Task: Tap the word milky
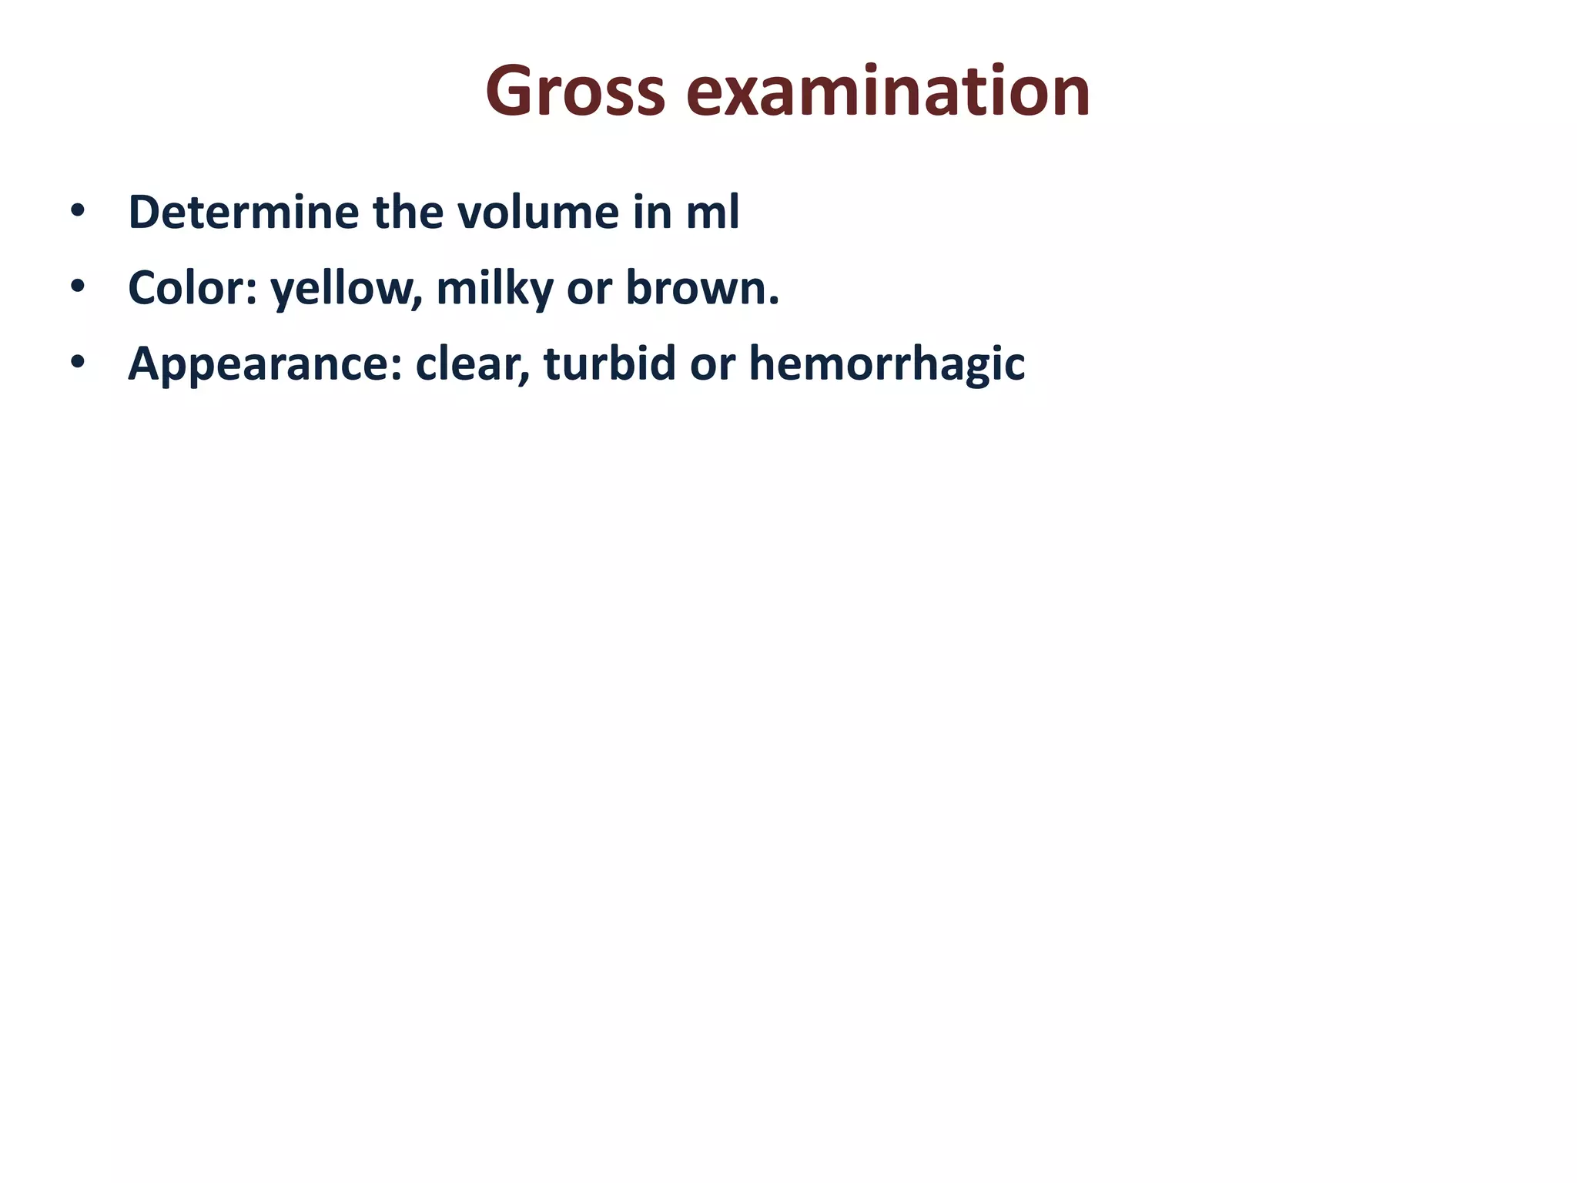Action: coord(494,287)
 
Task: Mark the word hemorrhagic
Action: coord(886,364)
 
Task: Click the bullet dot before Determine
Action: coord(77,211)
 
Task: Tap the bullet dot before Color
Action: coord(77,287)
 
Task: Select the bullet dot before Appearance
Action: coord(77,362)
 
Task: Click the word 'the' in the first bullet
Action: coord(408,212)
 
